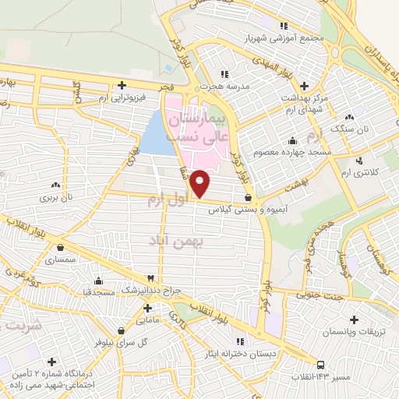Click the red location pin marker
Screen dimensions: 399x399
(200, 183)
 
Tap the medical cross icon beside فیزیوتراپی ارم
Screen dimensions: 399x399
(122, 85)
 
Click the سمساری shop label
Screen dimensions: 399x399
(60, 258)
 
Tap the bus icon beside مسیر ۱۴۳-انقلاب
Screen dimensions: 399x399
(320, 365)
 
